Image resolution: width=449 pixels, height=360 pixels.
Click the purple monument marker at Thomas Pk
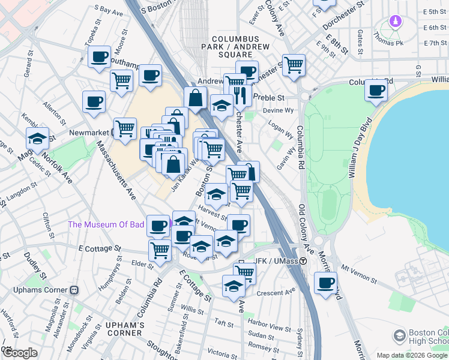(x=395, y=22)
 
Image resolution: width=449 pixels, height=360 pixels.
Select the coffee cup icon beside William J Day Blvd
(x=376, y=90)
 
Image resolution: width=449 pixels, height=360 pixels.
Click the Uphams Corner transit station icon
(x=75, y=290)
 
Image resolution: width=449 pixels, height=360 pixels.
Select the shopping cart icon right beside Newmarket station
(x=125, y=127)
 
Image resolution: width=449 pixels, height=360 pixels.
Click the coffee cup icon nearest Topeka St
(x=100, y=57)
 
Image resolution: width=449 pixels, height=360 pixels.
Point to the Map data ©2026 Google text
(x=412, y=355)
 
